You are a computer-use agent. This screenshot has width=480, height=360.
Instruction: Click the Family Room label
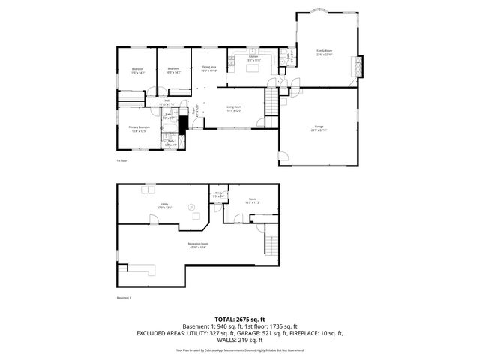pos(324,52)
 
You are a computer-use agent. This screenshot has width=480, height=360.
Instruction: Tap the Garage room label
pos(319,127)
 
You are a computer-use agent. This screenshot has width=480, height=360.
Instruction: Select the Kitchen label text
pos(253,58)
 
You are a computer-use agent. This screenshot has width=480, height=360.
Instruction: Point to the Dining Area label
pos(209,68)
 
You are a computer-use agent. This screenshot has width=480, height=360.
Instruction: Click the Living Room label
pos(235,108)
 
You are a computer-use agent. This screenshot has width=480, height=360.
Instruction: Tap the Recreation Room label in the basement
pos(198,244)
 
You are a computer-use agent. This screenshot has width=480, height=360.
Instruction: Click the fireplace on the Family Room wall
pos(359,66)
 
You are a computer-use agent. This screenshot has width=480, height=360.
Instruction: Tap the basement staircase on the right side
pos(271,244)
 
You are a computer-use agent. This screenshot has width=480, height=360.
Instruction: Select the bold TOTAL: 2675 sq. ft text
pos(239,319)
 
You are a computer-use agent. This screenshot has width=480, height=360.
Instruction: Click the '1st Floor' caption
pos(121,160)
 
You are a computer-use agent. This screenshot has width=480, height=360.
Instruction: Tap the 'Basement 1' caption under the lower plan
pos(124,298)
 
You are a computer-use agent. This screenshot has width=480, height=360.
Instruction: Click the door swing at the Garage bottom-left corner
pos(286,157)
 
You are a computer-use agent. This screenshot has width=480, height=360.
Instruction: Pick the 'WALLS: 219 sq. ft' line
pos(240,340)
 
